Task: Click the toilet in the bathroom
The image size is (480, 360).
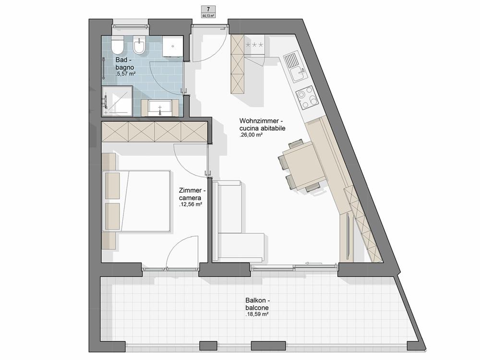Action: pos(117,45)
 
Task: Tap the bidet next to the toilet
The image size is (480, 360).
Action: pos(140,46)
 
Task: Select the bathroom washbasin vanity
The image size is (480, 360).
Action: pos(160,108)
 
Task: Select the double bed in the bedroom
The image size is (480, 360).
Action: pos(137,201)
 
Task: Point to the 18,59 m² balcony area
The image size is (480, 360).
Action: pos(257,314)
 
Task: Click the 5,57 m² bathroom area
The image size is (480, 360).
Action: pos(125,74)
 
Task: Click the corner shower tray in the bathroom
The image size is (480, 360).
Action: pos(117,101)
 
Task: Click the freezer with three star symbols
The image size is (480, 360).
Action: pos(254,45)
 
